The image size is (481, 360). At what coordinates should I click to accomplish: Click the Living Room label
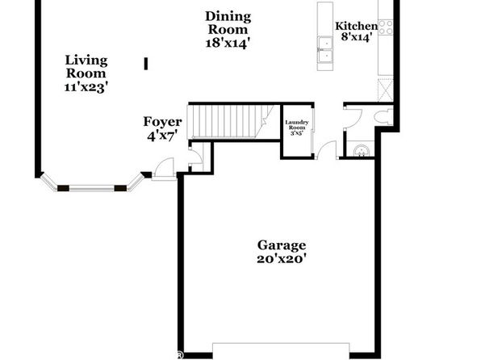86,67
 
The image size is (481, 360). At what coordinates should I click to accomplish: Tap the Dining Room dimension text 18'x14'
227,44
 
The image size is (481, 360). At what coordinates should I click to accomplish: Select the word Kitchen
357,26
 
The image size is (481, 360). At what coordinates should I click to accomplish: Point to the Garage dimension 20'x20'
282,259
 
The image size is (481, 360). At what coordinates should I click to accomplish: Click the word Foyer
162,122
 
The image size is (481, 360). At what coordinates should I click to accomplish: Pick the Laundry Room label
297,125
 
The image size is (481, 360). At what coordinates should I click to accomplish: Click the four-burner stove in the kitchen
386,27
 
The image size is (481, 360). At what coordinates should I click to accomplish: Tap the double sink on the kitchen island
325,49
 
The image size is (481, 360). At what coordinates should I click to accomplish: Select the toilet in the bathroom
383,117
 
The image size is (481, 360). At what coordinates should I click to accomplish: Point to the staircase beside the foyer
231,122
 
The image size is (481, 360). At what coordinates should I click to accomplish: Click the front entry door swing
164,168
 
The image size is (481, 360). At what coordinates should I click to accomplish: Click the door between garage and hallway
327,150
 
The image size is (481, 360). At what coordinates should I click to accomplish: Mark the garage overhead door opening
281,350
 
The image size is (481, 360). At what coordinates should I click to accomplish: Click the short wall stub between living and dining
146,64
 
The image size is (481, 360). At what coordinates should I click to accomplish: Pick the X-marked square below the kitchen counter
386,90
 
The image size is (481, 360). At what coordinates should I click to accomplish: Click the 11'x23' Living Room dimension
86,87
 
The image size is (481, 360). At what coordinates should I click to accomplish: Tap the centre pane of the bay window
92,188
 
